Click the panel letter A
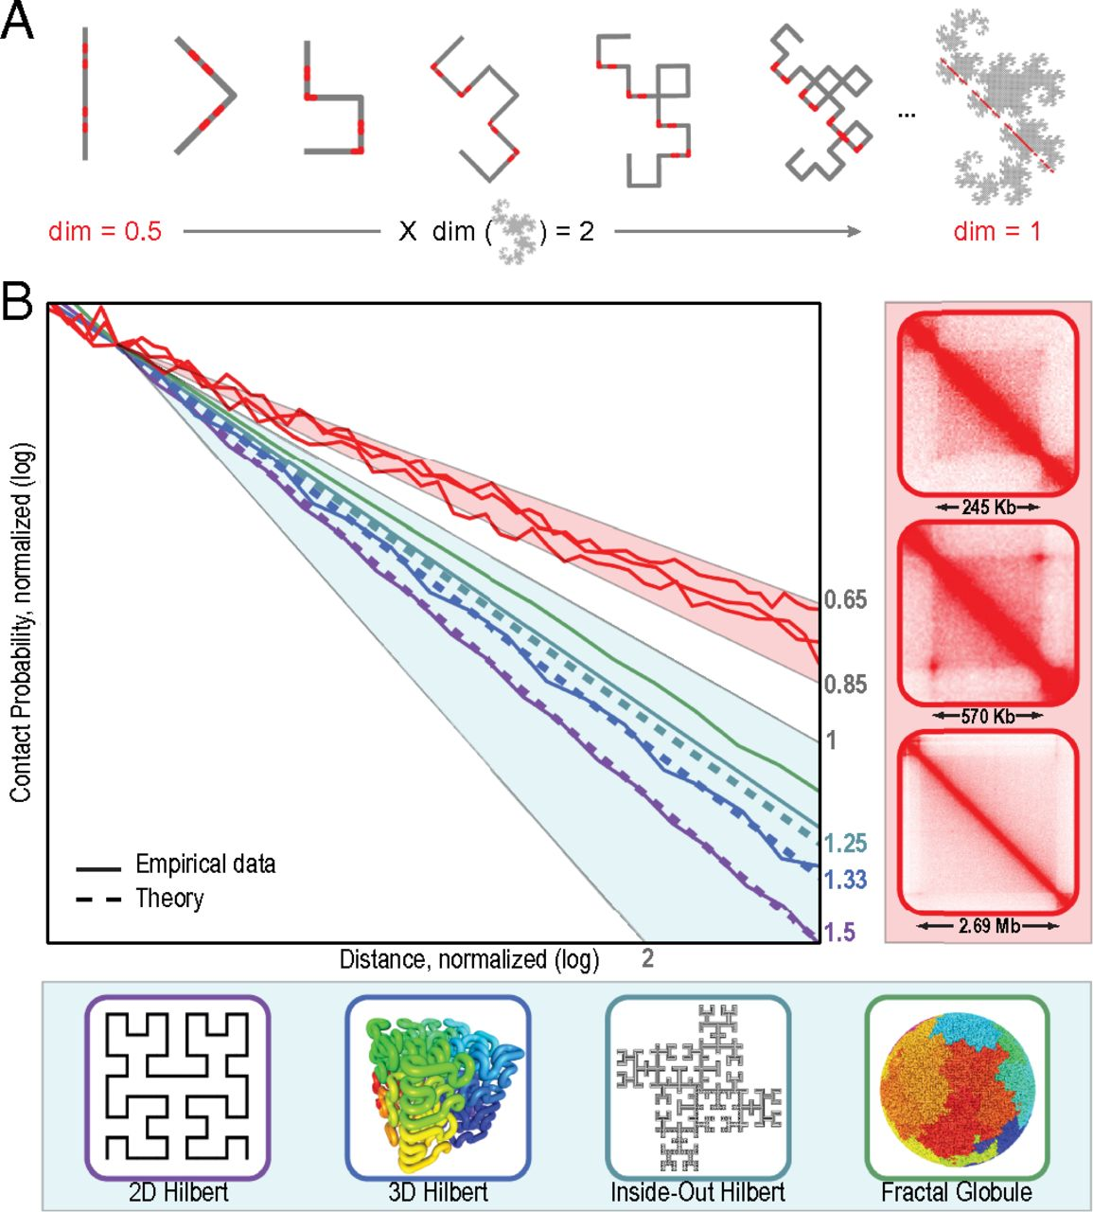point(19,21)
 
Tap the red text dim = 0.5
point(105,231)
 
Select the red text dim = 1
point(997,231)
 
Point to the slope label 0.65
point(845,599)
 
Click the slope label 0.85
point(845,684)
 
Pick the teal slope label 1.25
point(845,843)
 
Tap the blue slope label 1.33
point(845,880)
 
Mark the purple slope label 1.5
point(840,933)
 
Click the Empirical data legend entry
point(205,864)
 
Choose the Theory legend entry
point(169,898)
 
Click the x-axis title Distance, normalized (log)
point(469,960)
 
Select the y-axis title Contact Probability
point(22,622)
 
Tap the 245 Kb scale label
point(988,508)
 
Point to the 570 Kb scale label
point(988,716)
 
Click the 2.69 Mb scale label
point(988,925)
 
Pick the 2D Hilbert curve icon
point(178,1087)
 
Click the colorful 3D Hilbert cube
point(438,1087)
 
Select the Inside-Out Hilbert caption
point(697,1192)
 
